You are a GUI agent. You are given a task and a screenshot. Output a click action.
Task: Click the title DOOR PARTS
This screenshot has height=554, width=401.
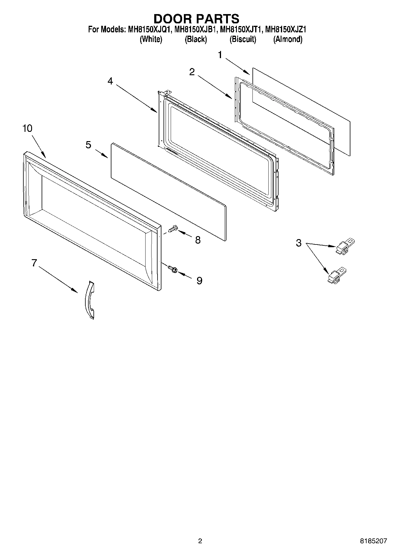pos(196,19)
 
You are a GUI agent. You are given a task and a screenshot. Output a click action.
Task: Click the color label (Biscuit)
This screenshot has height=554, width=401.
pos(243,39)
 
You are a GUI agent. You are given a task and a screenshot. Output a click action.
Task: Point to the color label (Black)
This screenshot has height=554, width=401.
pos(196,39)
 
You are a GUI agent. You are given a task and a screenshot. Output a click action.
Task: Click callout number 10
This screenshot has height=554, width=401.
pos(27,128)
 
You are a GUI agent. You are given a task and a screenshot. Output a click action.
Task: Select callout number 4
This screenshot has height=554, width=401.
pos(111,81)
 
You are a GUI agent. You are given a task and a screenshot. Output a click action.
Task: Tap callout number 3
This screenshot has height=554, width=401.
pos(299,243)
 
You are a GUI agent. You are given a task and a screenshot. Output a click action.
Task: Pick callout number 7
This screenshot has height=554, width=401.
pos(34,263)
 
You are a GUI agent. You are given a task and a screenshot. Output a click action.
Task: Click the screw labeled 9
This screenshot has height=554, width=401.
pos(173,269)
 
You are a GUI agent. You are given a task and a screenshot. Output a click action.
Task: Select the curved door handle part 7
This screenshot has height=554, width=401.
pos(89,300)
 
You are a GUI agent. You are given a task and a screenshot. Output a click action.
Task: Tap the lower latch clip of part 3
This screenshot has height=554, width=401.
pos(336,276)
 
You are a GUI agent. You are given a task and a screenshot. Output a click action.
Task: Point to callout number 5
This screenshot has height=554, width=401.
pos(88,145)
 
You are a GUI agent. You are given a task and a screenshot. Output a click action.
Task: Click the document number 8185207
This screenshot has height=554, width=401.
pos(373,541)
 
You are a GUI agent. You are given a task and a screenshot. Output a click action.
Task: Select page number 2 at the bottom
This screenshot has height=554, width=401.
pos(200,541)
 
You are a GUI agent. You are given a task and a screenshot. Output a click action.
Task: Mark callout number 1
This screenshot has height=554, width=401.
pos(220,55)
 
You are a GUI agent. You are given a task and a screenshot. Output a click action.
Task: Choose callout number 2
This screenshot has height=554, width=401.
pos(192,72)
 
